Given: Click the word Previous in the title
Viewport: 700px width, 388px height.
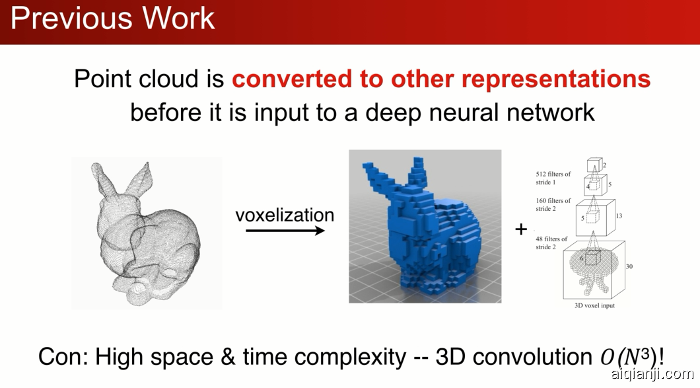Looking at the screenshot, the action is click(x=70, y=18).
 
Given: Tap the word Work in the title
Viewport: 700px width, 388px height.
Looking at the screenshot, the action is click(x=178, y=18).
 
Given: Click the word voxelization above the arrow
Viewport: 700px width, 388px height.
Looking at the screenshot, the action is click(x=285, y=215).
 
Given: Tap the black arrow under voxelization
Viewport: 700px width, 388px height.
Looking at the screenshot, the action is click(x=285, y=231).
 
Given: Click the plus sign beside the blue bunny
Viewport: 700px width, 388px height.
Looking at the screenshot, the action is click(x=521, y=229).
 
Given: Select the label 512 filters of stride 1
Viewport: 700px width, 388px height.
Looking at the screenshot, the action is click(x=553, y=178).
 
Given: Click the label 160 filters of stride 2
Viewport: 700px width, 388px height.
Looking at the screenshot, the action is click(x=553, y=204).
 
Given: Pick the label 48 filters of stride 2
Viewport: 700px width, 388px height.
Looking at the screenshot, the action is click(x=551, y=243).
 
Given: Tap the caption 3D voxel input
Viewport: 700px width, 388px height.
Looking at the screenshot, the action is click(x=594, y=306).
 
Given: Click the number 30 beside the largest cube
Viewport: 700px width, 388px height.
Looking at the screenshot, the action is click(x=629, y=266).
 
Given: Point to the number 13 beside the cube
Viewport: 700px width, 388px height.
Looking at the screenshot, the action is click(x=619, y=216).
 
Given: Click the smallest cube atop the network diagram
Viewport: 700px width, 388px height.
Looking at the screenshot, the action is click(x=595, y=165).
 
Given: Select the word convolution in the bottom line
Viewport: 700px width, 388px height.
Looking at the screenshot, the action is click(x=532, y=357).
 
